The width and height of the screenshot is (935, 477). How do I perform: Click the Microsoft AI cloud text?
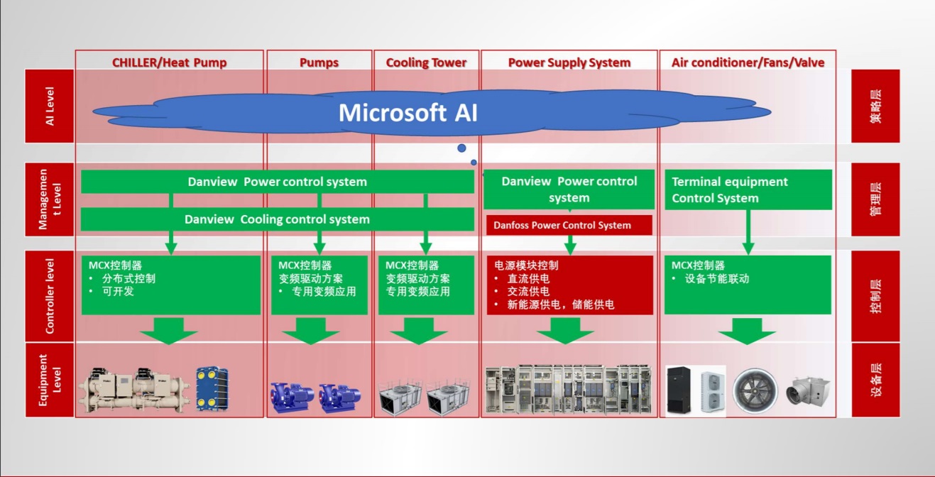408,113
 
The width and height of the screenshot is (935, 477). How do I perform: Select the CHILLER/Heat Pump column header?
169,62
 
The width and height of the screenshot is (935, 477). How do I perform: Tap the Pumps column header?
319,62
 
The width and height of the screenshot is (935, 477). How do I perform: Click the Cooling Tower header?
426,62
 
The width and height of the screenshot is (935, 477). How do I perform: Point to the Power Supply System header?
569,62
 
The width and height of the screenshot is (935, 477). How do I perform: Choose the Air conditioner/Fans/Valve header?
748,62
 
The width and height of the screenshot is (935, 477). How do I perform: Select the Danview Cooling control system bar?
277,219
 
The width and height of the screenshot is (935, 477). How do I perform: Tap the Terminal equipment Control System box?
748,190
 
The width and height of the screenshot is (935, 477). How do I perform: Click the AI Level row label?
50,106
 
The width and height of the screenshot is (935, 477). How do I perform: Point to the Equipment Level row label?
50,379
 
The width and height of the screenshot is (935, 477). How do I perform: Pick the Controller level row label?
50,295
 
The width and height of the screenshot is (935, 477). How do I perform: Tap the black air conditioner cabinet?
680,390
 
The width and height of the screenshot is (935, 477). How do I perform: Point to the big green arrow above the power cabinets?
565,331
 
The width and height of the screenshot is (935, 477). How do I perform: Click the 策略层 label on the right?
875,106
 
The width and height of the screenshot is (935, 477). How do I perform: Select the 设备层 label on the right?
875,379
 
